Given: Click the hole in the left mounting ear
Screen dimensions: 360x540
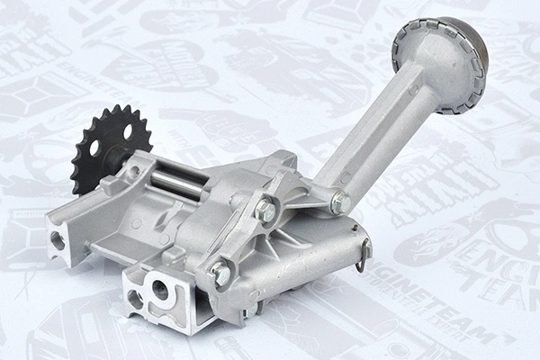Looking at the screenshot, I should click(x=58, y=240).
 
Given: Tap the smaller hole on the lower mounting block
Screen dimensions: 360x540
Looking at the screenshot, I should click(x=134, y=297).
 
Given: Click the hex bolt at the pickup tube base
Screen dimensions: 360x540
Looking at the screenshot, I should click(x=340, y=202).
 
